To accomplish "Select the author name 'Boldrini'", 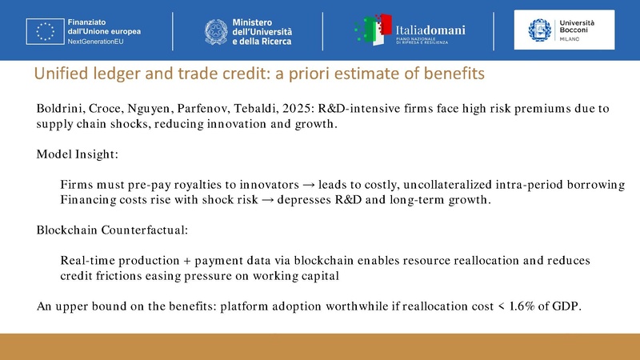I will coord(60,108).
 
